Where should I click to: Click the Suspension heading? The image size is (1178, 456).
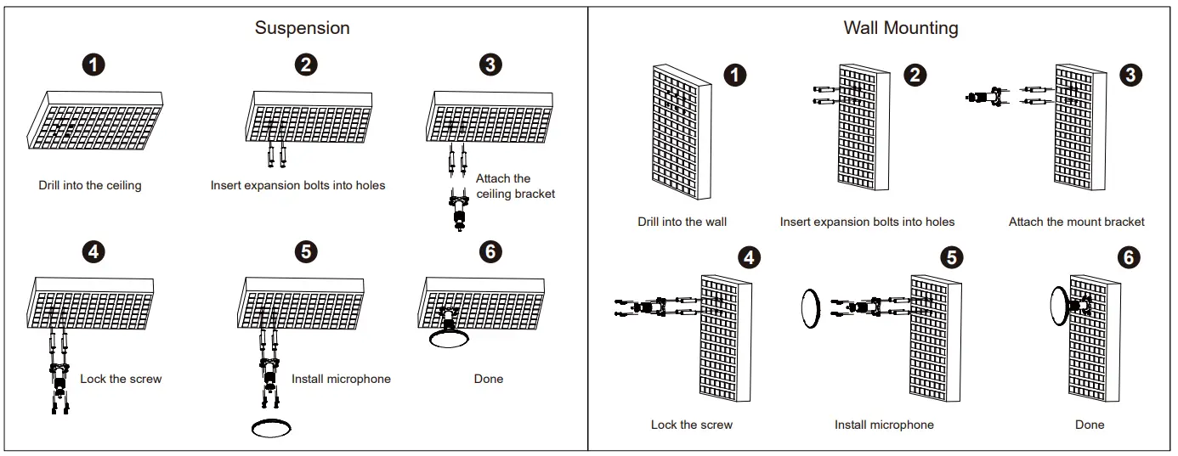coord(302,27)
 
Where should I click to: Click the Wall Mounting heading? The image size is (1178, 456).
coord(900,27)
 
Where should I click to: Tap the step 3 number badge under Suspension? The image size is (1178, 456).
coord(490,65)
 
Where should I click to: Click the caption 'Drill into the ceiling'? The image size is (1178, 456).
coord(90,185)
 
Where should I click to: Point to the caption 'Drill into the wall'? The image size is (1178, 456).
coord(682,222)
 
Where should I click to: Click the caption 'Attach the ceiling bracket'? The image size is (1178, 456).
coord(515,186)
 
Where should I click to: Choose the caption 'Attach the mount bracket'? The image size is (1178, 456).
coord(1076,222)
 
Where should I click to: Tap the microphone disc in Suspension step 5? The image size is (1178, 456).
coord(271,427)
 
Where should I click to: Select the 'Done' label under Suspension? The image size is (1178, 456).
coord(488,379)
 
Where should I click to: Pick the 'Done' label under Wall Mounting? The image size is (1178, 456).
coord(1089,425)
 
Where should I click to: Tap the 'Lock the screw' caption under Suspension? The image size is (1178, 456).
coord(121,379)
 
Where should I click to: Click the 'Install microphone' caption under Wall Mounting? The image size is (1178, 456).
coord(884,425)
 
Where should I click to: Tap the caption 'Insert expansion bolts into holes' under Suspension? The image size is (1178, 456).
coord(297,185)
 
